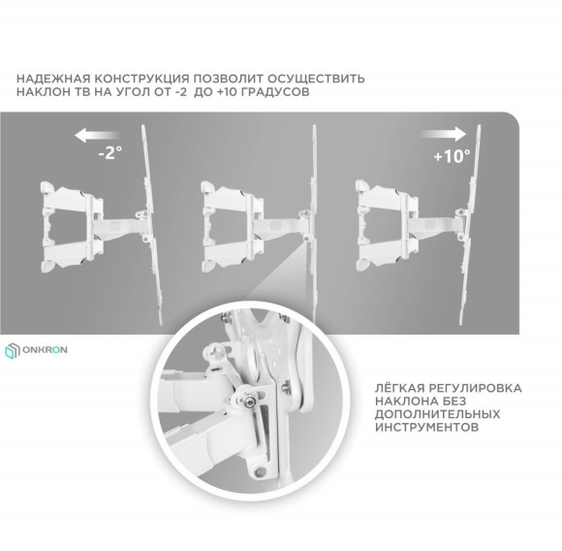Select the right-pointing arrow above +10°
click(x=448, y=133)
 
